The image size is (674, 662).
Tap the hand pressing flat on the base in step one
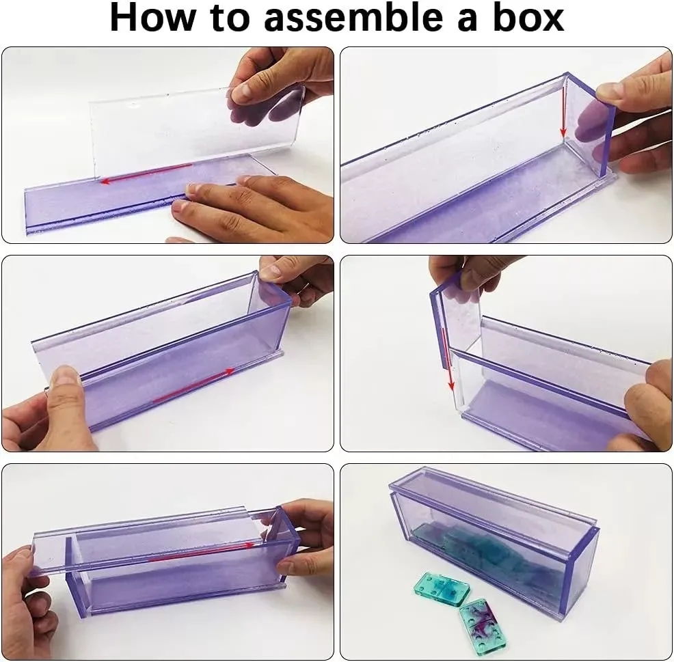[253, 208]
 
